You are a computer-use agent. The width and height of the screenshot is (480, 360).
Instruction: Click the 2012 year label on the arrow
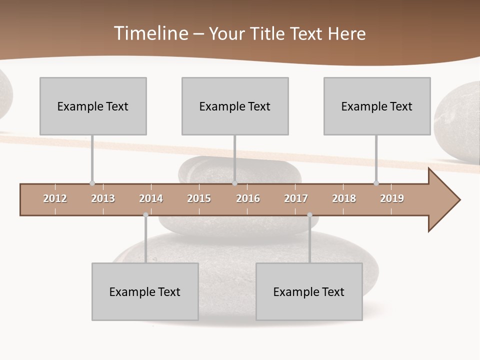[x=55, y=198]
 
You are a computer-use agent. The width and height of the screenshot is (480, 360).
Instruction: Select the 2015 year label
[x=199, y=198]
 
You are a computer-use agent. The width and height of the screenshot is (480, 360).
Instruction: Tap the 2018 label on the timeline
[x=344, y=198]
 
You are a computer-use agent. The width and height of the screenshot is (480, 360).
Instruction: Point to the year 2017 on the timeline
[x=296, y=198]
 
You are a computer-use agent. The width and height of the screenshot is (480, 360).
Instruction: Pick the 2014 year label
[x=151, y=198]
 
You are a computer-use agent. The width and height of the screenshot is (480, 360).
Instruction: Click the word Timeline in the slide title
[x=150, y=33]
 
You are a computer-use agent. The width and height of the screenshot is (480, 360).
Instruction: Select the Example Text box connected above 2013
[x=93, y=106]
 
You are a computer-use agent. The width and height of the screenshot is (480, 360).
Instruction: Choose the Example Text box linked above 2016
[x=235, y=106]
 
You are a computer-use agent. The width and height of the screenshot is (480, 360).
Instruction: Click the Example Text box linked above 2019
[x=377, y=106]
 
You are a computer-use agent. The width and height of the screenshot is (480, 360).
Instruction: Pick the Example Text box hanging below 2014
[x=145, y=291]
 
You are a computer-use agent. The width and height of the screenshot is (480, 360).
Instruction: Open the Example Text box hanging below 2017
[x=309, y=291]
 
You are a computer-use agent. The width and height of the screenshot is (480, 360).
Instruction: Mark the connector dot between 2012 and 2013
[x=92, y=183]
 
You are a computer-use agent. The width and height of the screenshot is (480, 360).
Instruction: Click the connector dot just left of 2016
[x=234, y=183]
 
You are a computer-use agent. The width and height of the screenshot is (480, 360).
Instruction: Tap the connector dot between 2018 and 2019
[x=376, y=183]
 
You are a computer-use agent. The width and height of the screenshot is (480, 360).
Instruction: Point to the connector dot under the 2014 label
[x=145, y=215]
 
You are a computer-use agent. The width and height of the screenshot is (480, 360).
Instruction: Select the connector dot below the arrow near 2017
[x=309, y=215]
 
